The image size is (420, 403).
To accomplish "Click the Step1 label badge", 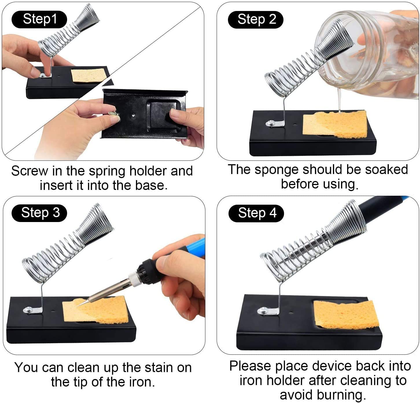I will click(x=39, y=19).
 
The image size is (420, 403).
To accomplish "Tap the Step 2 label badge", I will click(x=256, y=20).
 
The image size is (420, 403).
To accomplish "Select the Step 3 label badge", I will click(x=40, y=213).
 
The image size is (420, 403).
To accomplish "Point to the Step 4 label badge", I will click(x=256, y=213).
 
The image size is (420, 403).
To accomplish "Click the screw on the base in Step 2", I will click(x=270, y=124).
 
